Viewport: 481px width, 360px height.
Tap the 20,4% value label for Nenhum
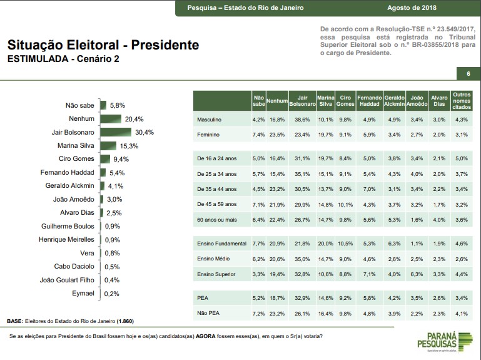[x=134, y=119]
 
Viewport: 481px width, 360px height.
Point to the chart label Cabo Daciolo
[x=74, y=267]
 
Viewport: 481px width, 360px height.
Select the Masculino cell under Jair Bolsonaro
[x=302, y=119]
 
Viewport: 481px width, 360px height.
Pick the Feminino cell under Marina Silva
[x=325, y=135]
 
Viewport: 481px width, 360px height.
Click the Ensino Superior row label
[x=216, y=274]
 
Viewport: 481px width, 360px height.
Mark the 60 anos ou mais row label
[x=216, y=220]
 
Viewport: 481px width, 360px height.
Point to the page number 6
[x=468, y=75]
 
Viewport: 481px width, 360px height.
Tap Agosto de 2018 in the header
[x=412, y=8]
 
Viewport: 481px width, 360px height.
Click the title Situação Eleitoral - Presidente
[x=103, y=45]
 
